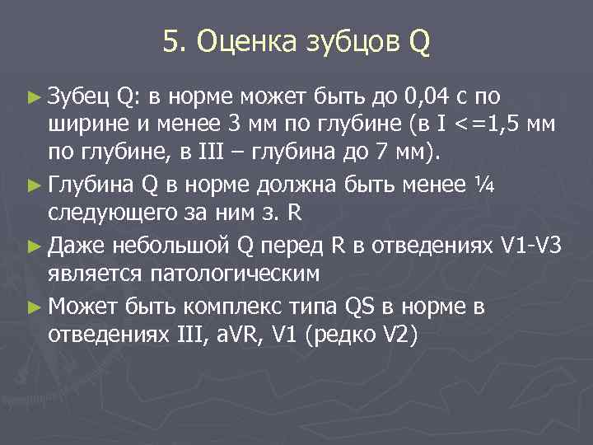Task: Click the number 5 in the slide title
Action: coord(170,40)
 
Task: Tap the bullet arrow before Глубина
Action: coord(33,184)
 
